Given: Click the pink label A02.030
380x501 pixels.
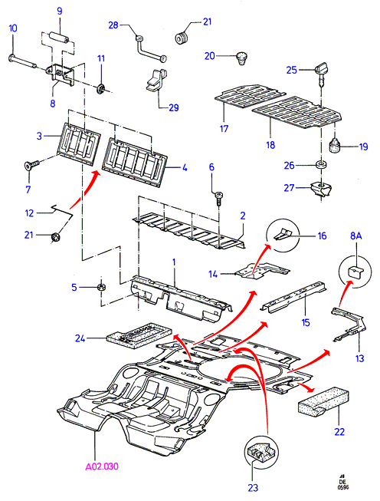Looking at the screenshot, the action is [102, 466].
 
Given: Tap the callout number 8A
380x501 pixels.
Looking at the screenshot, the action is [355, 236].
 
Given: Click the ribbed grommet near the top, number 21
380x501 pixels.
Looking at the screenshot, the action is [182, 38].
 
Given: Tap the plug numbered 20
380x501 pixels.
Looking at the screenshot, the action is [243, 58].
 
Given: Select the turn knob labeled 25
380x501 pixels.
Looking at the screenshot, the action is [322, 73].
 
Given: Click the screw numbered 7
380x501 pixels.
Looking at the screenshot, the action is [31, 165].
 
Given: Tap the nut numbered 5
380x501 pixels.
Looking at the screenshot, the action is [101, 287].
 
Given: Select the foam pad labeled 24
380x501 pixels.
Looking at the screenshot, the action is [139, 335].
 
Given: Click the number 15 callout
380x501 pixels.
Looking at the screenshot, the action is [306, 322].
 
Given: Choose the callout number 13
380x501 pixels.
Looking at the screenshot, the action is [359, 358].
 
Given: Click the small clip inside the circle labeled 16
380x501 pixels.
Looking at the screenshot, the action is [282, 234].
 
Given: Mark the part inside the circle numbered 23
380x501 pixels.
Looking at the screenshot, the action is [260, 453].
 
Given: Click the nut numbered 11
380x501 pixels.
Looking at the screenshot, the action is [101, 87].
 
